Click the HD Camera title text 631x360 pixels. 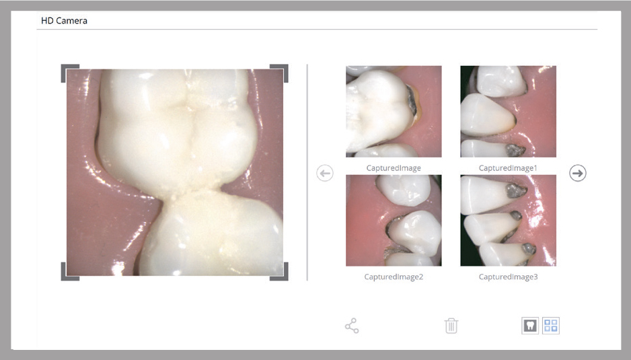64,21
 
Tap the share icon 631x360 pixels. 352,326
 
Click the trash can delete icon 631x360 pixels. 451,326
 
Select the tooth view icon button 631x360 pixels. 530,326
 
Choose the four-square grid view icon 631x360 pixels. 551,326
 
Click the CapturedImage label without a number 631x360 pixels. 394,168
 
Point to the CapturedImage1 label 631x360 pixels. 508,168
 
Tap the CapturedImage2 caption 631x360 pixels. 394,277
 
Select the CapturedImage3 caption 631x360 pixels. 508,277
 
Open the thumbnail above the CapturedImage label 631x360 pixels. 394,112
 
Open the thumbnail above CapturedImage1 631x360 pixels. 509,112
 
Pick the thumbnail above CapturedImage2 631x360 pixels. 394,220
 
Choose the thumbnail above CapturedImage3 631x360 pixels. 509,220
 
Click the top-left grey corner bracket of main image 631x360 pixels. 64,67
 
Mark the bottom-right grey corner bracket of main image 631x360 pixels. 286,278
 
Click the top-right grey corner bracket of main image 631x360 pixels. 286,67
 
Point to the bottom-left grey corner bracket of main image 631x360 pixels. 64,278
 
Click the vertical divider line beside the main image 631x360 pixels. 307,172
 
